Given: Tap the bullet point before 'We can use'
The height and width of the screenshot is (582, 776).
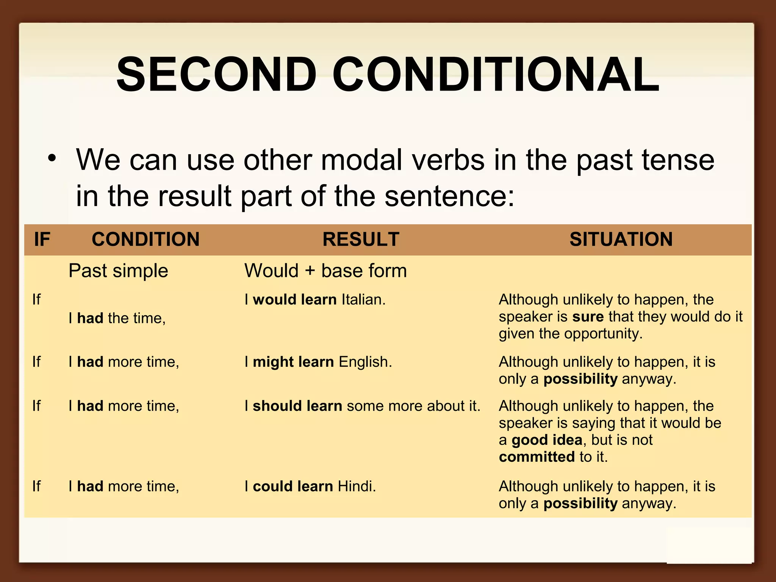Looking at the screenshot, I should pos(52,158).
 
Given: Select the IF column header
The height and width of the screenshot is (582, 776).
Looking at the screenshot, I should pos(42,239).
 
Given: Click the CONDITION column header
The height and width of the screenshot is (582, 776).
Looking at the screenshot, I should pos(145,239).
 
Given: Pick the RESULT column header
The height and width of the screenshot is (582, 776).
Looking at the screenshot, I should pos(361,239).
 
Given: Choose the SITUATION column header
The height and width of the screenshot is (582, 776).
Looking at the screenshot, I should pos(621,239).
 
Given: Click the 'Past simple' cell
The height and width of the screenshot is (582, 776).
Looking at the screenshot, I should pos(118,271).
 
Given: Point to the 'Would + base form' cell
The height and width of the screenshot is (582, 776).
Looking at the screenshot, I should pos(325,271).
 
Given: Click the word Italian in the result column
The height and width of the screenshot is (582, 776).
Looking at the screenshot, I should pos(363,300).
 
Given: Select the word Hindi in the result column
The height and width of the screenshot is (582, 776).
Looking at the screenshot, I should pos(356,487).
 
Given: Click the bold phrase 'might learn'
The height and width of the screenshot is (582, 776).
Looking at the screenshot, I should pos(293,362).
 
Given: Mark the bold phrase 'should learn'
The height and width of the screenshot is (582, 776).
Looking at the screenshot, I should pos(297,406).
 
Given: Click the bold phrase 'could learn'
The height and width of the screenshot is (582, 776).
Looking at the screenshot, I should pos(293,487).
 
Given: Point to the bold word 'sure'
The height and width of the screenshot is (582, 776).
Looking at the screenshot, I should pos(588,317).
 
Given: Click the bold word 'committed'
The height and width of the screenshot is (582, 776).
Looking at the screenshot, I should pos(537,457).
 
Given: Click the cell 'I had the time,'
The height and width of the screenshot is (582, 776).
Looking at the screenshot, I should pos(117,318).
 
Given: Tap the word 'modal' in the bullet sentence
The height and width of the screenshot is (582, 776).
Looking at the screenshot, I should pos(361,160).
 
